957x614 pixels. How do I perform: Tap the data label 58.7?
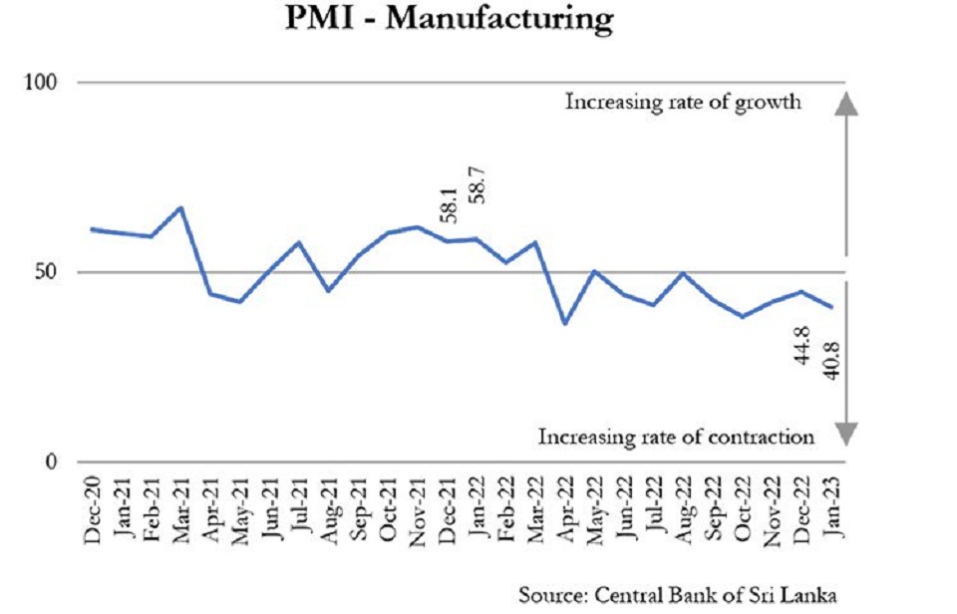[478, 180]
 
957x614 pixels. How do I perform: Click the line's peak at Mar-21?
[180, 207]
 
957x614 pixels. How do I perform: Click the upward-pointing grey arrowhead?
[844, 103]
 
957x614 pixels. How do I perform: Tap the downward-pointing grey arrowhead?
[844, 434]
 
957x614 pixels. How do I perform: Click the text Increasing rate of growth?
[684, 102]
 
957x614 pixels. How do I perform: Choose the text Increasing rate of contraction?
[677, 436]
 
